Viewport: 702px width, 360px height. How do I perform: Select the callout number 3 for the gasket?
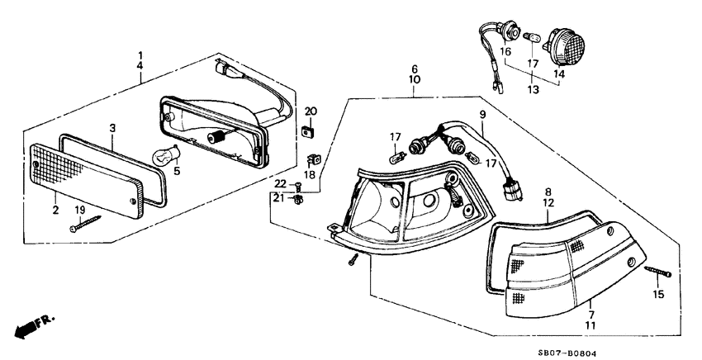[112, 128]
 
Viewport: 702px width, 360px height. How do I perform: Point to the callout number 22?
[280, 183]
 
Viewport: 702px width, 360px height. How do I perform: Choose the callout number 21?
[280, 198]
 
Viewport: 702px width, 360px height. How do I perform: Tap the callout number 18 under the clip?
[311, 175]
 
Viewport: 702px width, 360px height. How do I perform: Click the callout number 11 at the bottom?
[590, 327]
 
